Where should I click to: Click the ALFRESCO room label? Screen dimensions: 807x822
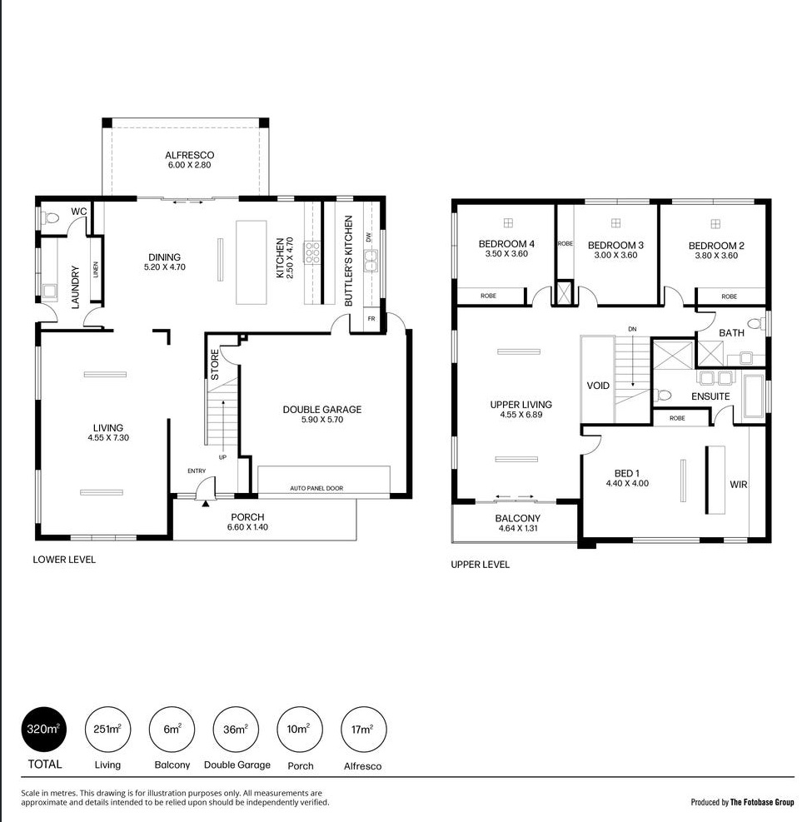click(x=189, y=155)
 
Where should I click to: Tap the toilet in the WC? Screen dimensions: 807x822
click(x=50, y=217)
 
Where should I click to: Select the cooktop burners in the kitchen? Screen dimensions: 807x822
click(x=312, y=252)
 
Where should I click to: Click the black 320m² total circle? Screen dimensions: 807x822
click(x=44, y=730)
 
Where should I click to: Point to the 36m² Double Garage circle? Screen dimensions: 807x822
click(x=236, y=730)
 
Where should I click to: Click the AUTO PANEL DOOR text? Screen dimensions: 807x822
click(x=316, y=488)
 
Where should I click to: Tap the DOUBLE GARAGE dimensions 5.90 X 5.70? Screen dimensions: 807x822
click(x=322, y=420)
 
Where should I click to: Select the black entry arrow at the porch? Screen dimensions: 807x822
click(x=206, y=503)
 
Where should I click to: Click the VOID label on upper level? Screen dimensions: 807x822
click(x=598, y=386)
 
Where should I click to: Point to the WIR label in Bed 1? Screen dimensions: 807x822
click(x=739, y=485)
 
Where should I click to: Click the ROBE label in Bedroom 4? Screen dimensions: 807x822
click(x=488, y=296)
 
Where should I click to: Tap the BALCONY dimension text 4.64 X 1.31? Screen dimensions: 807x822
click(x=518, y=528)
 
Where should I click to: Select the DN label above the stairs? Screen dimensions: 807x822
click(x=632, y=329)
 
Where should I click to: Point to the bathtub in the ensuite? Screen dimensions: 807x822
click(x=754, y=396)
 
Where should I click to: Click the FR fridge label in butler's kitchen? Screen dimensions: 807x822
click(x=371, y=318)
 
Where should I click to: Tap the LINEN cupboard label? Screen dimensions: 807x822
click(x=96, y=270)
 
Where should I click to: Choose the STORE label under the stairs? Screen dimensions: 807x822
click(x=215, y=365)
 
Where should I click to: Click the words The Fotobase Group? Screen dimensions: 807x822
click(x=762, y=802)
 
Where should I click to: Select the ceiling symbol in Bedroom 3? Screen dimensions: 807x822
click(x=615, y=223)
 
